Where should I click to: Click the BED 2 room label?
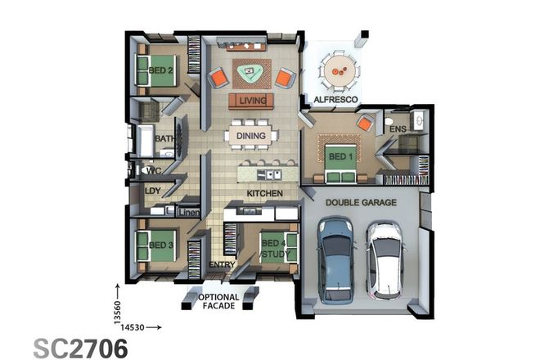pos(160,70)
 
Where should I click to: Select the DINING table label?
pos(251,136)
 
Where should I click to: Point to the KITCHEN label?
pos(264,193)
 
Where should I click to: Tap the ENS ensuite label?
pos(398,129)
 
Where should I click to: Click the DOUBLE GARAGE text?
pos(361,202)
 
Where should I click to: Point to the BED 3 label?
pos(161,244)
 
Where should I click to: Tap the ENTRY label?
pos(222,265)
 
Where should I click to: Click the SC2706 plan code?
pos(80,347)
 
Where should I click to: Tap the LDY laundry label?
pos(153,191)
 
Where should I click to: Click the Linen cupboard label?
pos(189,214)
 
